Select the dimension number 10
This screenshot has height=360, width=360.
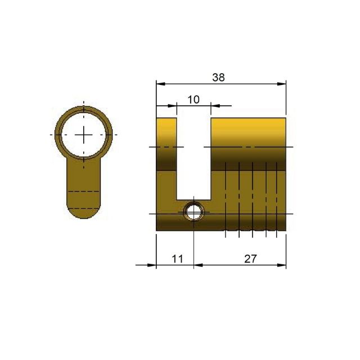pyautogui.click(x=193, y=100)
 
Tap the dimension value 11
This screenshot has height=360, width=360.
pyautogui.click(x=178, y=259)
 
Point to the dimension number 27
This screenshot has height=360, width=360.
pyautogui.click(x=251, y=259)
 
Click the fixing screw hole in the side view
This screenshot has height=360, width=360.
pyautogui.click(x=193, y=211)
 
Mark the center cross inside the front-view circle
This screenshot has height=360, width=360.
pyautogui.click(x=84, y=135)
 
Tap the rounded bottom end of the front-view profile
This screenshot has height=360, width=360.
pyautogui.click(x=84, y=214)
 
